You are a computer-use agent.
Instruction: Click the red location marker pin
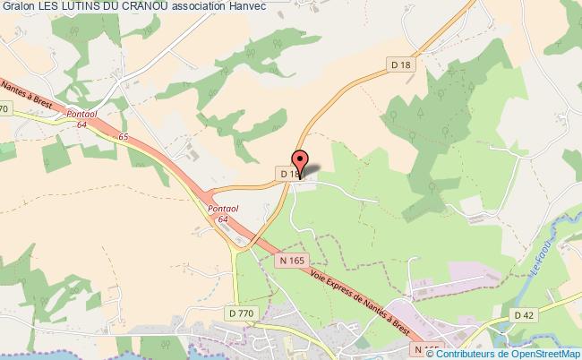tap(302, 165)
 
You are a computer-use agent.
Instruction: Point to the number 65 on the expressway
tap(123, 137)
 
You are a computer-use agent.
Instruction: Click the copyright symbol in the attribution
tap(437, 353)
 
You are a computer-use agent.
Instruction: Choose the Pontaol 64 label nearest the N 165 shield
tap(222, 213)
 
